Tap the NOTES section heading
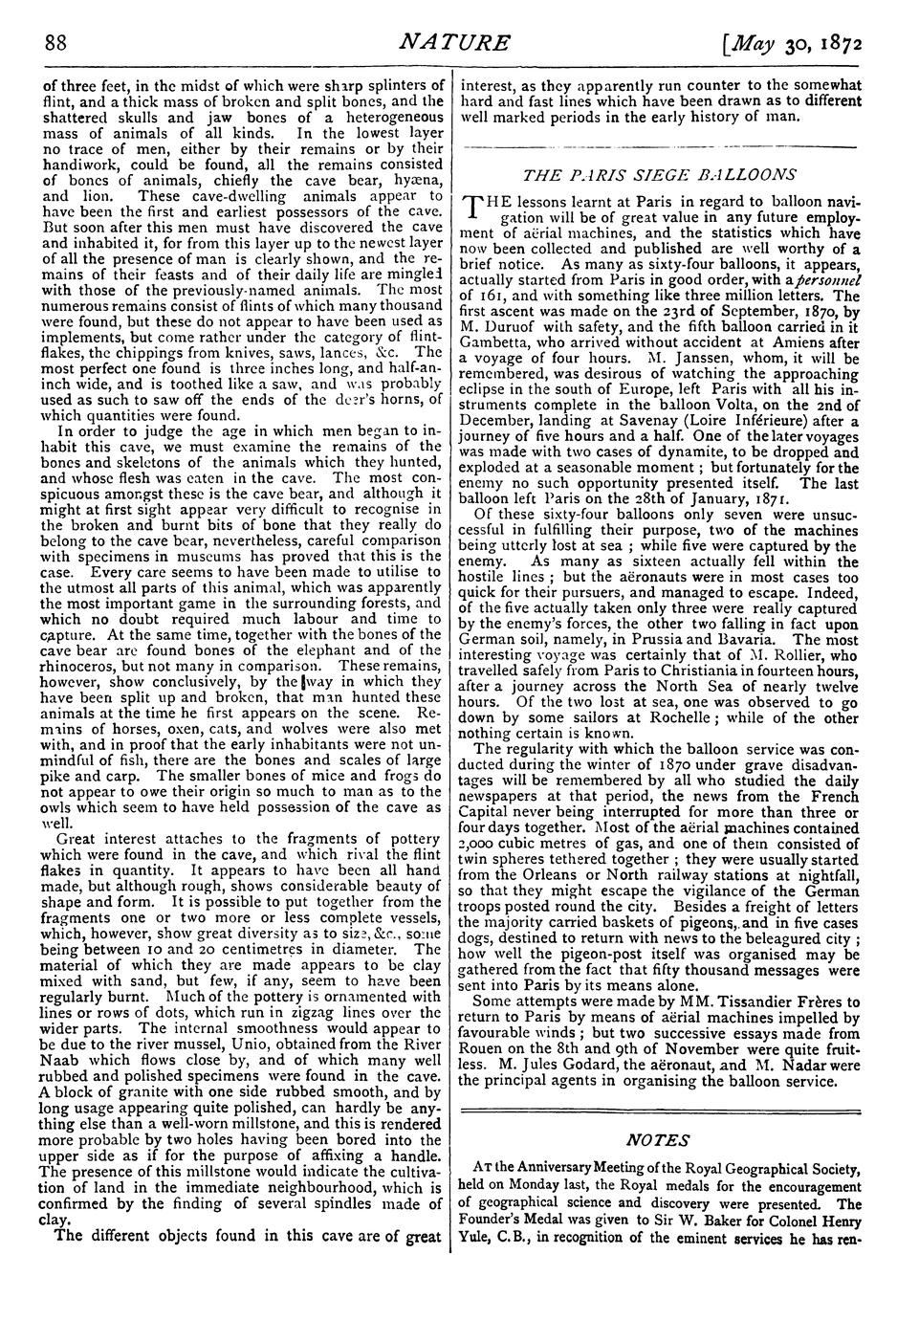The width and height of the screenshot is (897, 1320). point(659,1140)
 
